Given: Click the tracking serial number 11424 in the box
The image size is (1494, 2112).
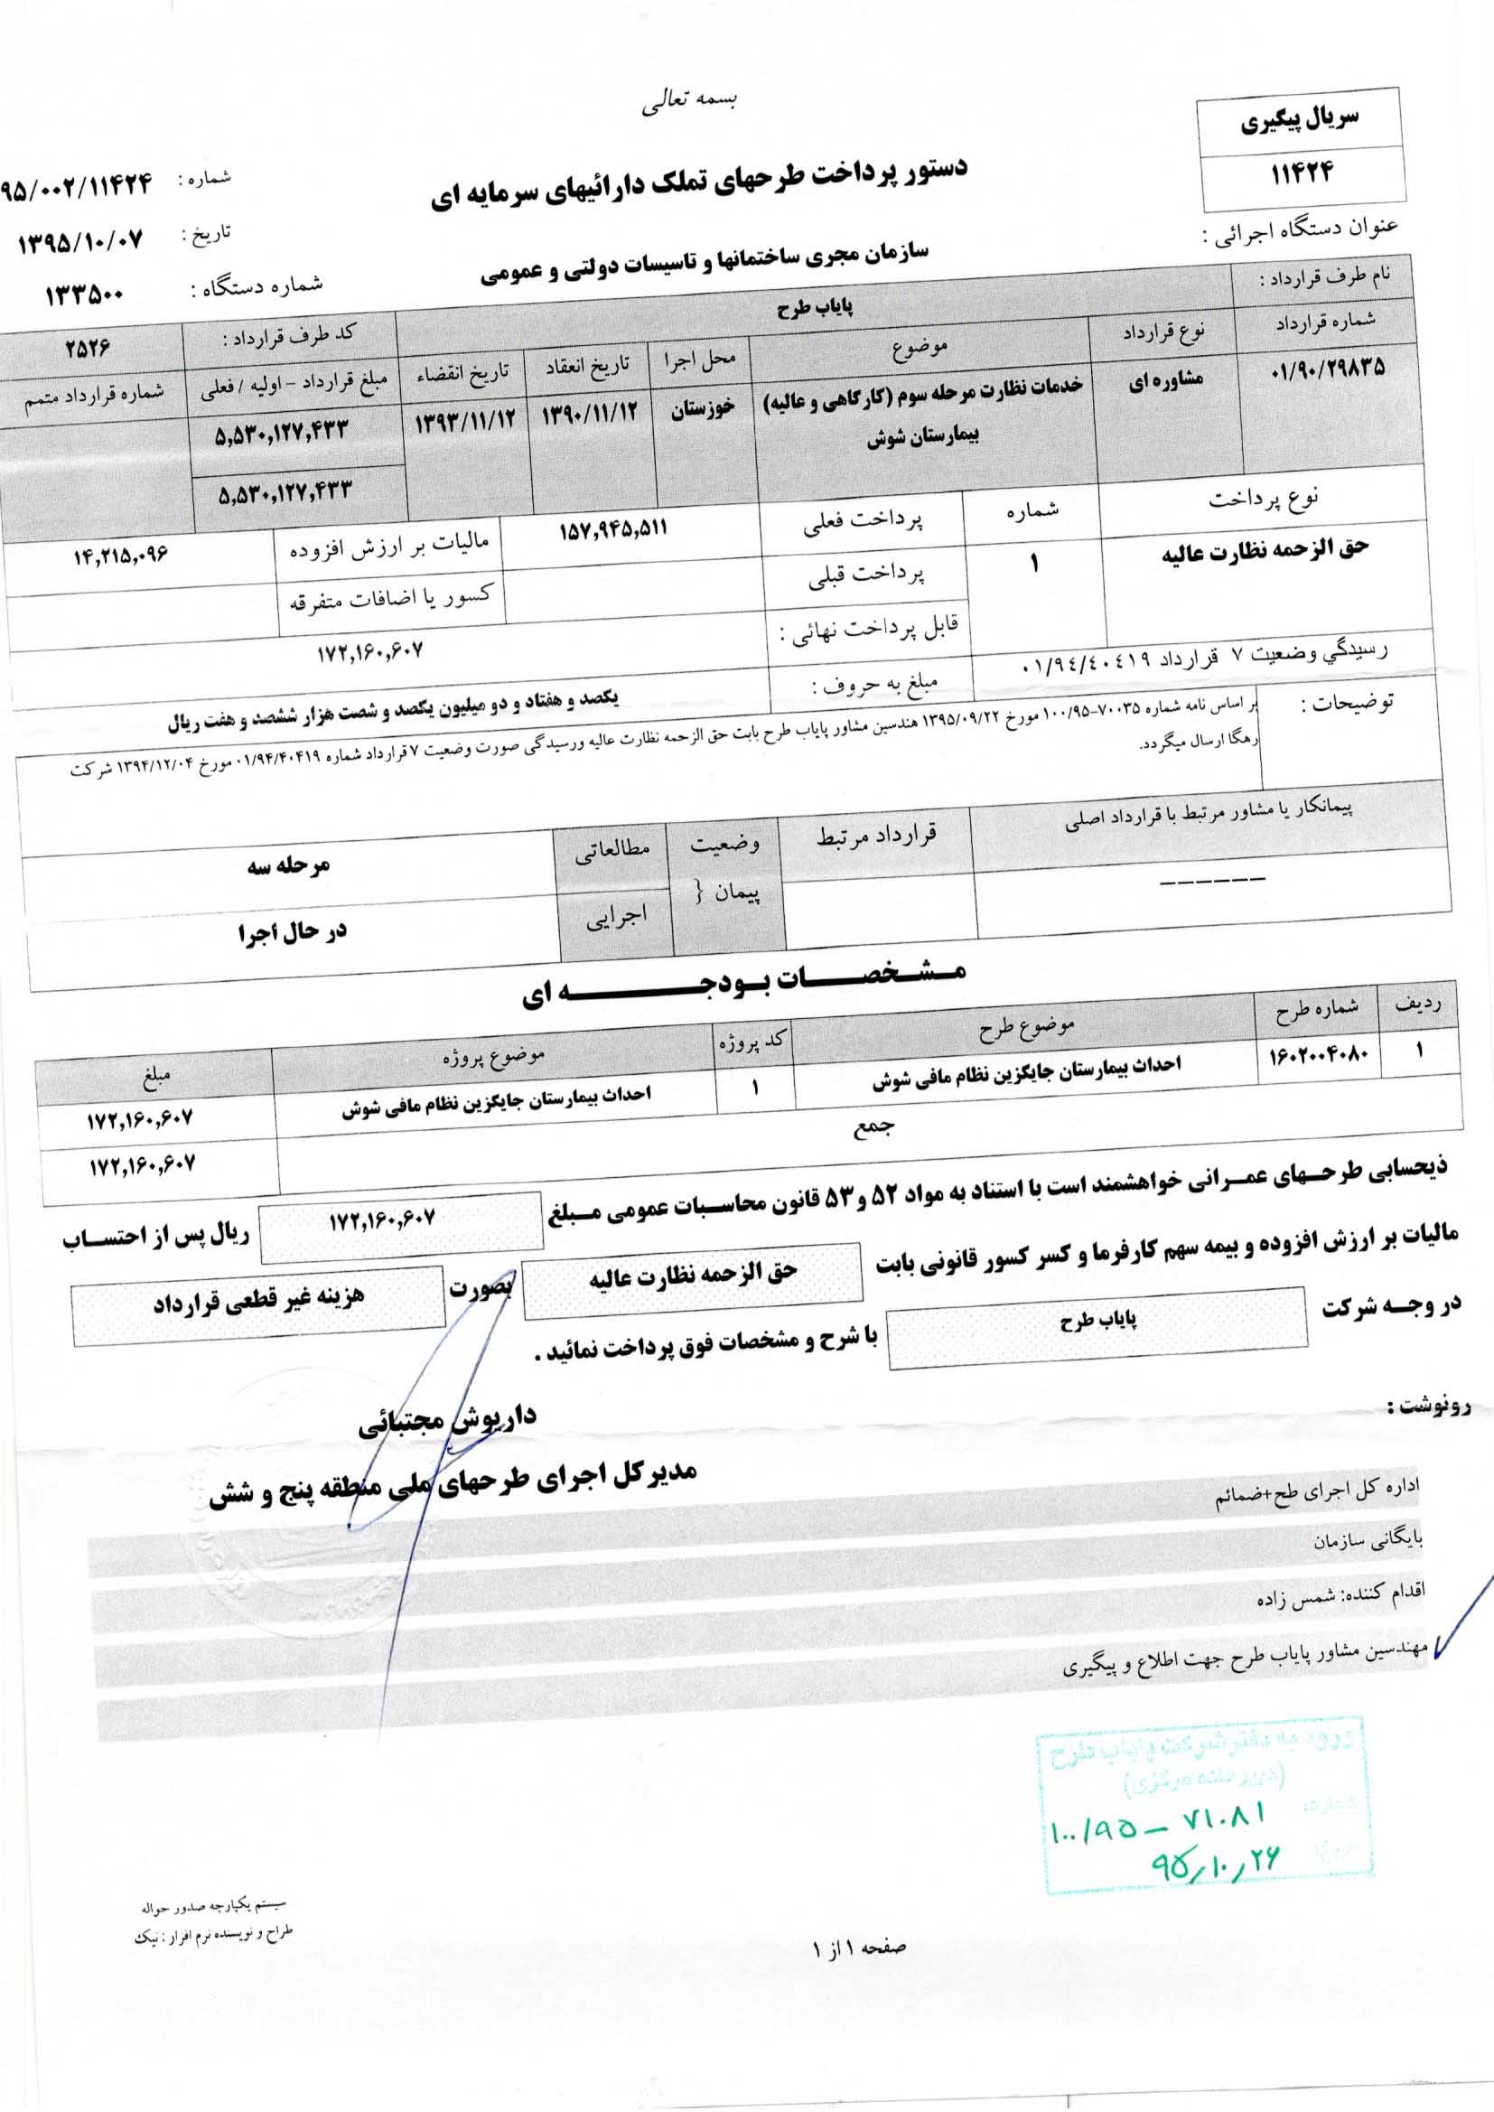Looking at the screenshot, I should click(1303, 172).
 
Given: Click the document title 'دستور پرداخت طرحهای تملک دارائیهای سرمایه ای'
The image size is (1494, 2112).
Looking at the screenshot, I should click(699, 182).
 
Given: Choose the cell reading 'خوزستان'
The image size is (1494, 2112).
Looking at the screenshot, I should click(701, 409).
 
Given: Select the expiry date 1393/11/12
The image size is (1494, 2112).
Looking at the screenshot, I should click(464, 422).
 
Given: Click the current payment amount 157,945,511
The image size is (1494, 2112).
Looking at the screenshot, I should click(612, 530).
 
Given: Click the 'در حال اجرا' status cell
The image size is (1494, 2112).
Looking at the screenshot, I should click(291, 932).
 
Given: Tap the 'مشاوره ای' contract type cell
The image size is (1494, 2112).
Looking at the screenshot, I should click(1165, 383).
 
